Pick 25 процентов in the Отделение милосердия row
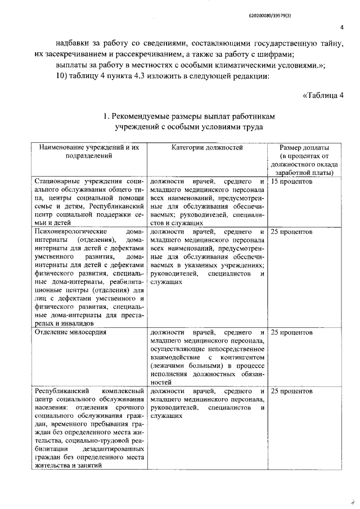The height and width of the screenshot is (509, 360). coord(291,332)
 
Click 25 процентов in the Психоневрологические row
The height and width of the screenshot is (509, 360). coord(291,231)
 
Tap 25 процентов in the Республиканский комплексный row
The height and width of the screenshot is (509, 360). coord(291,390)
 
